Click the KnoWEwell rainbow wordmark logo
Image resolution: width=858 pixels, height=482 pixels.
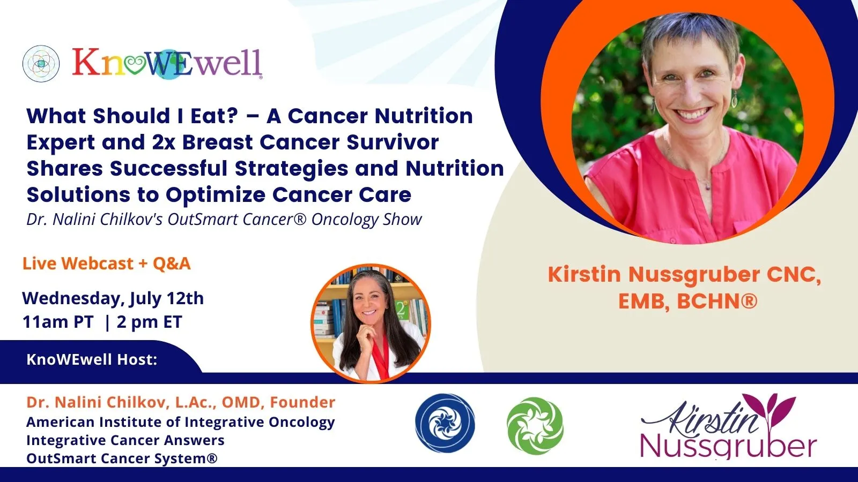click(167, 63)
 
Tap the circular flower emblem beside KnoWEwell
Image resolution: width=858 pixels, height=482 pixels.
click(41, 64)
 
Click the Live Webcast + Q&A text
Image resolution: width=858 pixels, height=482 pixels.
click(107, 263)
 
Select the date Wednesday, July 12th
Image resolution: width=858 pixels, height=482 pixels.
click(113, 298)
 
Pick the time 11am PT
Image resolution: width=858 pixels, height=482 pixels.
click(58, 322)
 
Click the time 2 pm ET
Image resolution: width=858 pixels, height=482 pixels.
click(150, 322)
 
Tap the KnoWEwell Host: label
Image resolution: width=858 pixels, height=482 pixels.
click(92, 359)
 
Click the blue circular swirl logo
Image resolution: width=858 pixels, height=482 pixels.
click(445, 423)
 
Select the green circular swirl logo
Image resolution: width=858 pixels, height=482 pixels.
click(535, 425)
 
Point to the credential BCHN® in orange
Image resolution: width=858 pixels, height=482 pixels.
click(717, 302)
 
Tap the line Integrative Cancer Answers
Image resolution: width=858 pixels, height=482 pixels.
click(125, 440)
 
